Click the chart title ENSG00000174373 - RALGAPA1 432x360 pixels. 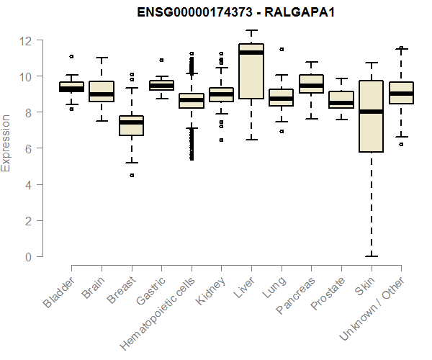[x=216, y=12]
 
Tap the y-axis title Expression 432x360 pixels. [x=6, y=142]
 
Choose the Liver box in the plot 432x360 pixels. [x=251, y=71]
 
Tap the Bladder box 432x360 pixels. [x=72, y=87]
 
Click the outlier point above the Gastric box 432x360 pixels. [x=161, y=60]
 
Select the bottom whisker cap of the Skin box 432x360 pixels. [x=371, y=256]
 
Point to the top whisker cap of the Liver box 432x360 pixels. [x=251, y=31]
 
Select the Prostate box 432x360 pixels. [x=341, y=99]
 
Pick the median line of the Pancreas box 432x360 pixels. [x=311, y=86]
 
